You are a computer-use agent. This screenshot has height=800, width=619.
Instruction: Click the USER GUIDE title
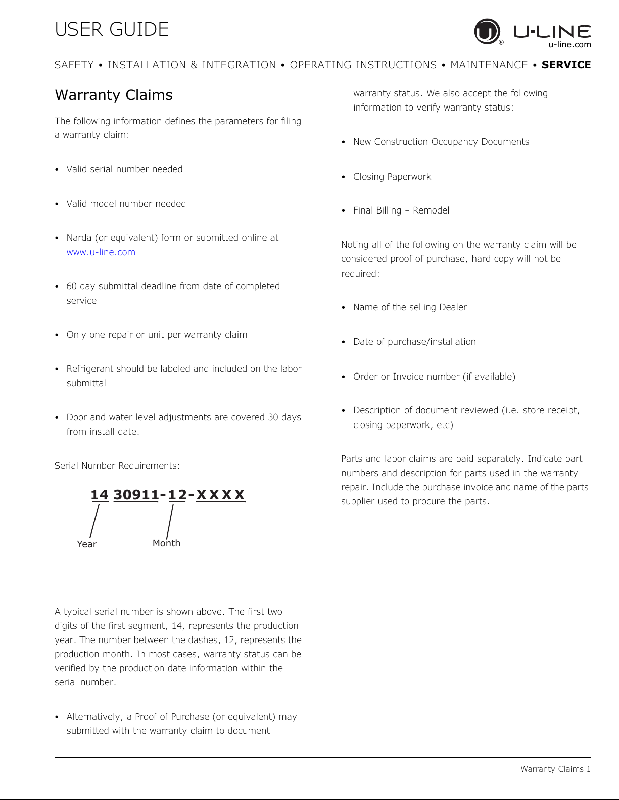tap(112, 29)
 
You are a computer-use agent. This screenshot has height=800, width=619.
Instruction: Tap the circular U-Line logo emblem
tap(487, 31)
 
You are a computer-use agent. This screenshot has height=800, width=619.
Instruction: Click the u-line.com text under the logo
tap(569, 45)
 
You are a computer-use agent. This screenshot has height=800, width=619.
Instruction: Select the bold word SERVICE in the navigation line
tap(566, 65)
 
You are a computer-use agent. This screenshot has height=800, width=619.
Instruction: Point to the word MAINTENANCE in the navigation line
tap(489, 65)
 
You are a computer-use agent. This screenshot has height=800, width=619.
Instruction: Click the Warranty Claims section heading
tap(114, 95)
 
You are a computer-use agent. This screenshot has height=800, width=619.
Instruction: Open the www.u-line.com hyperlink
tap(101, 252)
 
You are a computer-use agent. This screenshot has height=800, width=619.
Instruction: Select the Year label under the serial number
tap(87, 544)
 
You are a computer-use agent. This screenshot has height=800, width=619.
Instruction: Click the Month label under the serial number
tap(166, 543)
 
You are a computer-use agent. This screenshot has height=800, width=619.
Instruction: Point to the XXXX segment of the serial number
tap(220, 495)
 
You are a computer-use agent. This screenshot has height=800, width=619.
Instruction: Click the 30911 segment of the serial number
tap(136, 495)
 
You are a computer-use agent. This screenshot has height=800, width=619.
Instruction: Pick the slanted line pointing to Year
tap(94, 521)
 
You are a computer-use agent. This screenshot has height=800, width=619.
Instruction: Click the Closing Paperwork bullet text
tap(392, 177)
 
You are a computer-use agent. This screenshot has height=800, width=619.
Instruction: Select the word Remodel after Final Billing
tap(431, 210)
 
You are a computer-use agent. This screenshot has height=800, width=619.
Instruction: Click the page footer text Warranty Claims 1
tap(555, 769)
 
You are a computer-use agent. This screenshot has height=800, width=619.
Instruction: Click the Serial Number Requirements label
tap(117, 466)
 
